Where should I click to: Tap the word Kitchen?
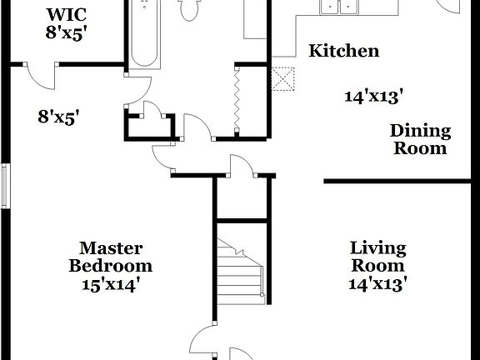pyautogui.click(x=343, y=51)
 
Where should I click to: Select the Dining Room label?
pyautogui.click(x=420, y=140)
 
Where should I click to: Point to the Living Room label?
pyautogui.click(x=377, y=257)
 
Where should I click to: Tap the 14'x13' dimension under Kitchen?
pyautogui.click(x=374, y=96)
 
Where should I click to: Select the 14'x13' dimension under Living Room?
pyautogui.click(x=377, y=285)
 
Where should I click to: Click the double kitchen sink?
pyautogui.click(x=338, y=7)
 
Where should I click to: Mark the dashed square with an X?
pyautogui.click(x=284, y=79)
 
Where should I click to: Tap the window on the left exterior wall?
pyautogui.click(x=6, y=185)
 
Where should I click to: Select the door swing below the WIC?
pyautogui.click(x=37, y=75)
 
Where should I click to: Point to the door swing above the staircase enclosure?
pyautogui.click(x=242, y=166)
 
